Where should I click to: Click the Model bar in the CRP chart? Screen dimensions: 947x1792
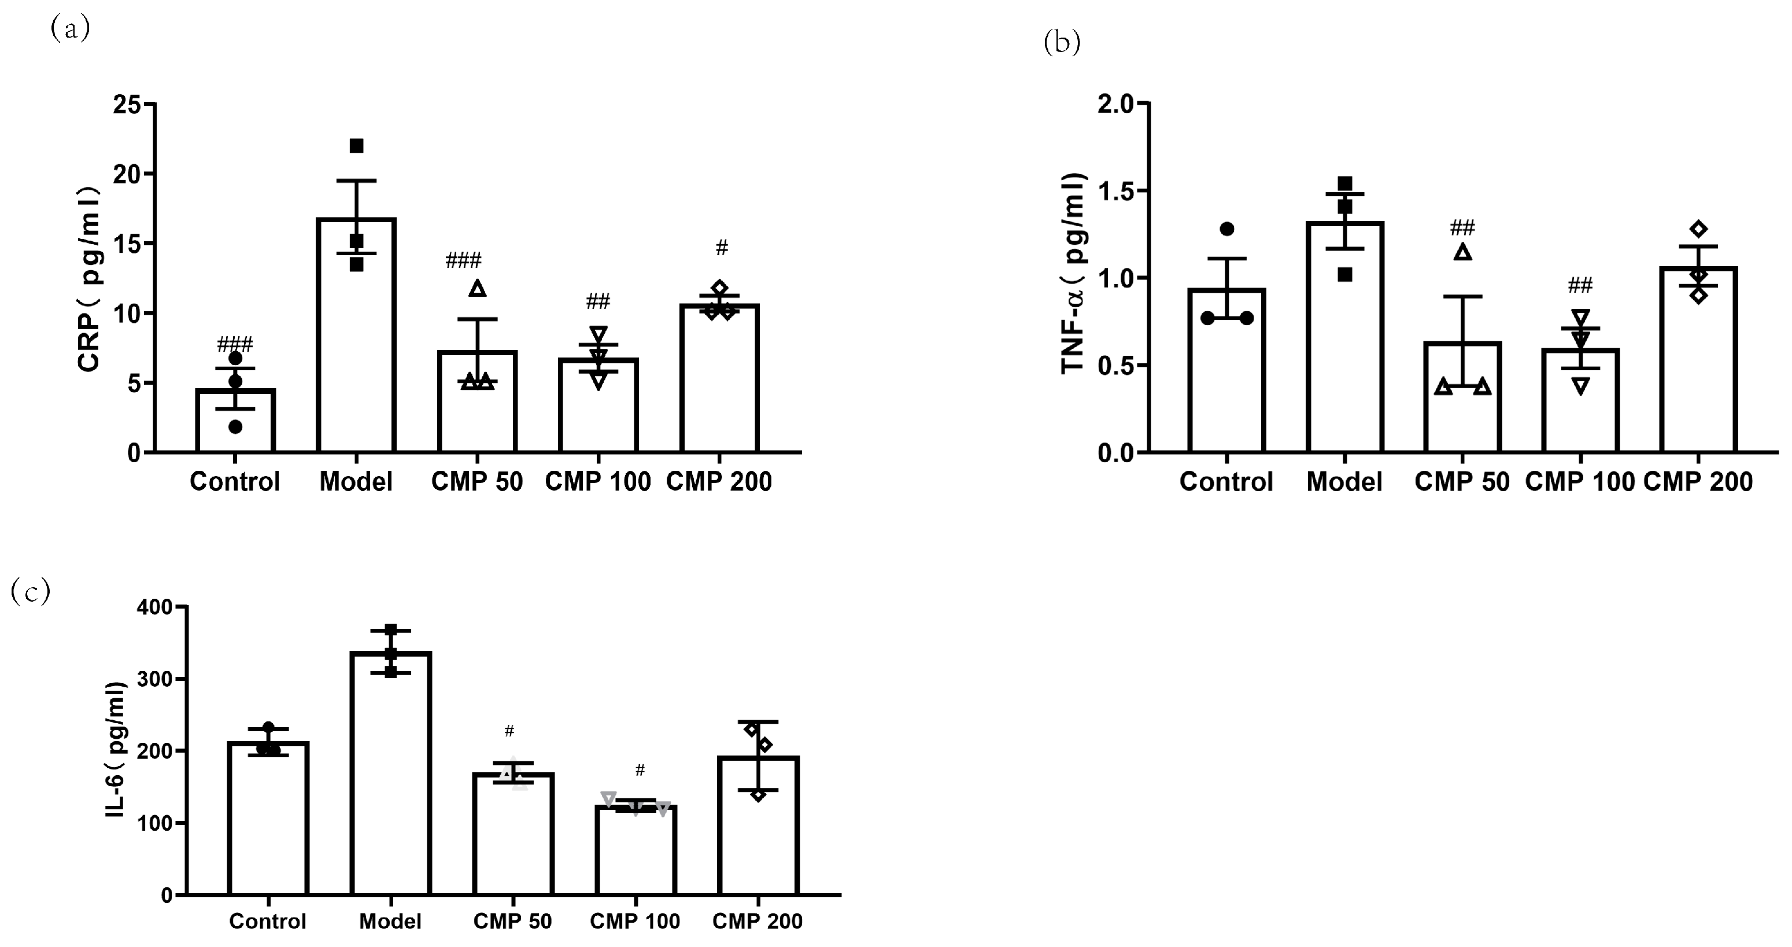[356, 348]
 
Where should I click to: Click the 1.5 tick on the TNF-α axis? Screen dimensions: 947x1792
[1114, 191]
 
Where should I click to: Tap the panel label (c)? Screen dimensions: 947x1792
[31, 592]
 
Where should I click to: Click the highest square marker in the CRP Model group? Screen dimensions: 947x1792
[356, 145]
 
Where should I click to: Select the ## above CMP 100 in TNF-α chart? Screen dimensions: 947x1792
[1580, 285]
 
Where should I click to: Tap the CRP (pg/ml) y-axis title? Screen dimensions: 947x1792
[89, 278]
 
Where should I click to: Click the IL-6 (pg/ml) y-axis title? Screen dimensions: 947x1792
[116, 749]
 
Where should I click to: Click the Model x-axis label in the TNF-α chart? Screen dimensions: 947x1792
[1344, 481]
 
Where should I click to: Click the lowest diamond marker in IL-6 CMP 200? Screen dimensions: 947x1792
[758, 794]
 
